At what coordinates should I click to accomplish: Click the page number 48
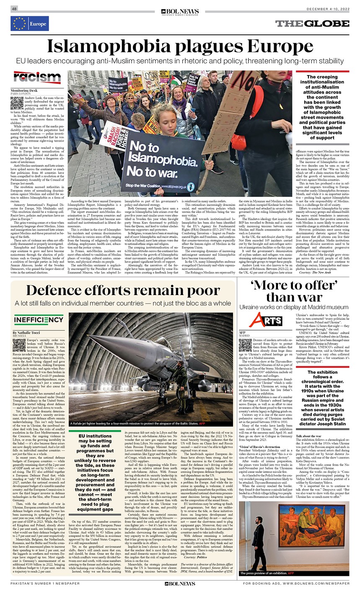15,9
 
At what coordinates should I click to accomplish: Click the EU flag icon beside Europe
19,24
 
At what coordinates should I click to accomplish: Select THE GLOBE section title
312,23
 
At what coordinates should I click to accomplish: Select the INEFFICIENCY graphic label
39,320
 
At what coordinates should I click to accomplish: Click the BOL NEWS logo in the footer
180,583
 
